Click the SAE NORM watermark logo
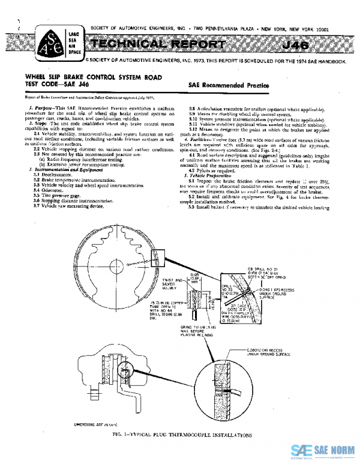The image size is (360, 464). point(324,451)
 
